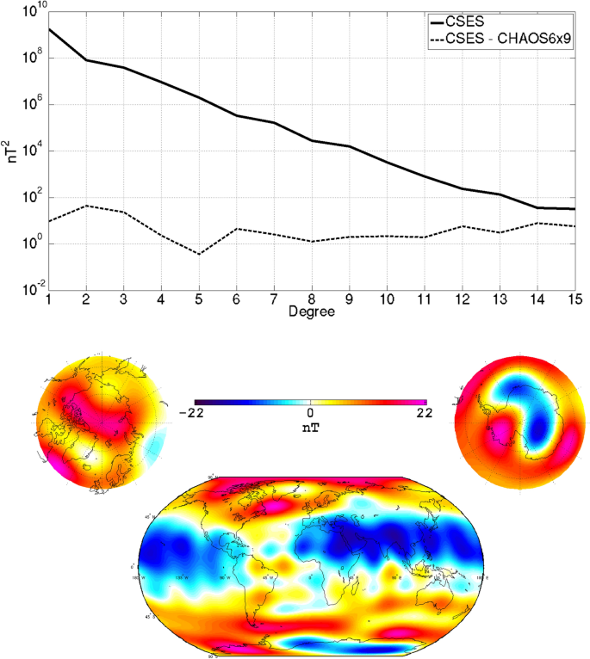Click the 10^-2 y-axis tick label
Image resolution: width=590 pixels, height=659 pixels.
pos(31,289)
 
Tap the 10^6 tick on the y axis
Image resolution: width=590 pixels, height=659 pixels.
pos(33,105)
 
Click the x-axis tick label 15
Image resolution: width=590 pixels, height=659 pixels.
pos(574,299)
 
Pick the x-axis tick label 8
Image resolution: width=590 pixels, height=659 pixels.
pos(312,299)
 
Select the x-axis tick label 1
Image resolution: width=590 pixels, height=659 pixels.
pos(49,299)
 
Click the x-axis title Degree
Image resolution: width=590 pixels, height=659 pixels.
pos(311,311)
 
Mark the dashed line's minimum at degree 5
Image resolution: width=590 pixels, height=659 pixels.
pos(199,254)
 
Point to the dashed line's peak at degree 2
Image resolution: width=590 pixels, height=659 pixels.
pos(86,206)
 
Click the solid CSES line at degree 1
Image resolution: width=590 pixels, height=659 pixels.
pos(49,29)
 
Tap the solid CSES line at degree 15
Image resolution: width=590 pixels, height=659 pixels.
pos(574,209)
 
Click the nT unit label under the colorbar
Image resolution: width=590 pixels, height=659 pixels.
pos(311,426)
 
